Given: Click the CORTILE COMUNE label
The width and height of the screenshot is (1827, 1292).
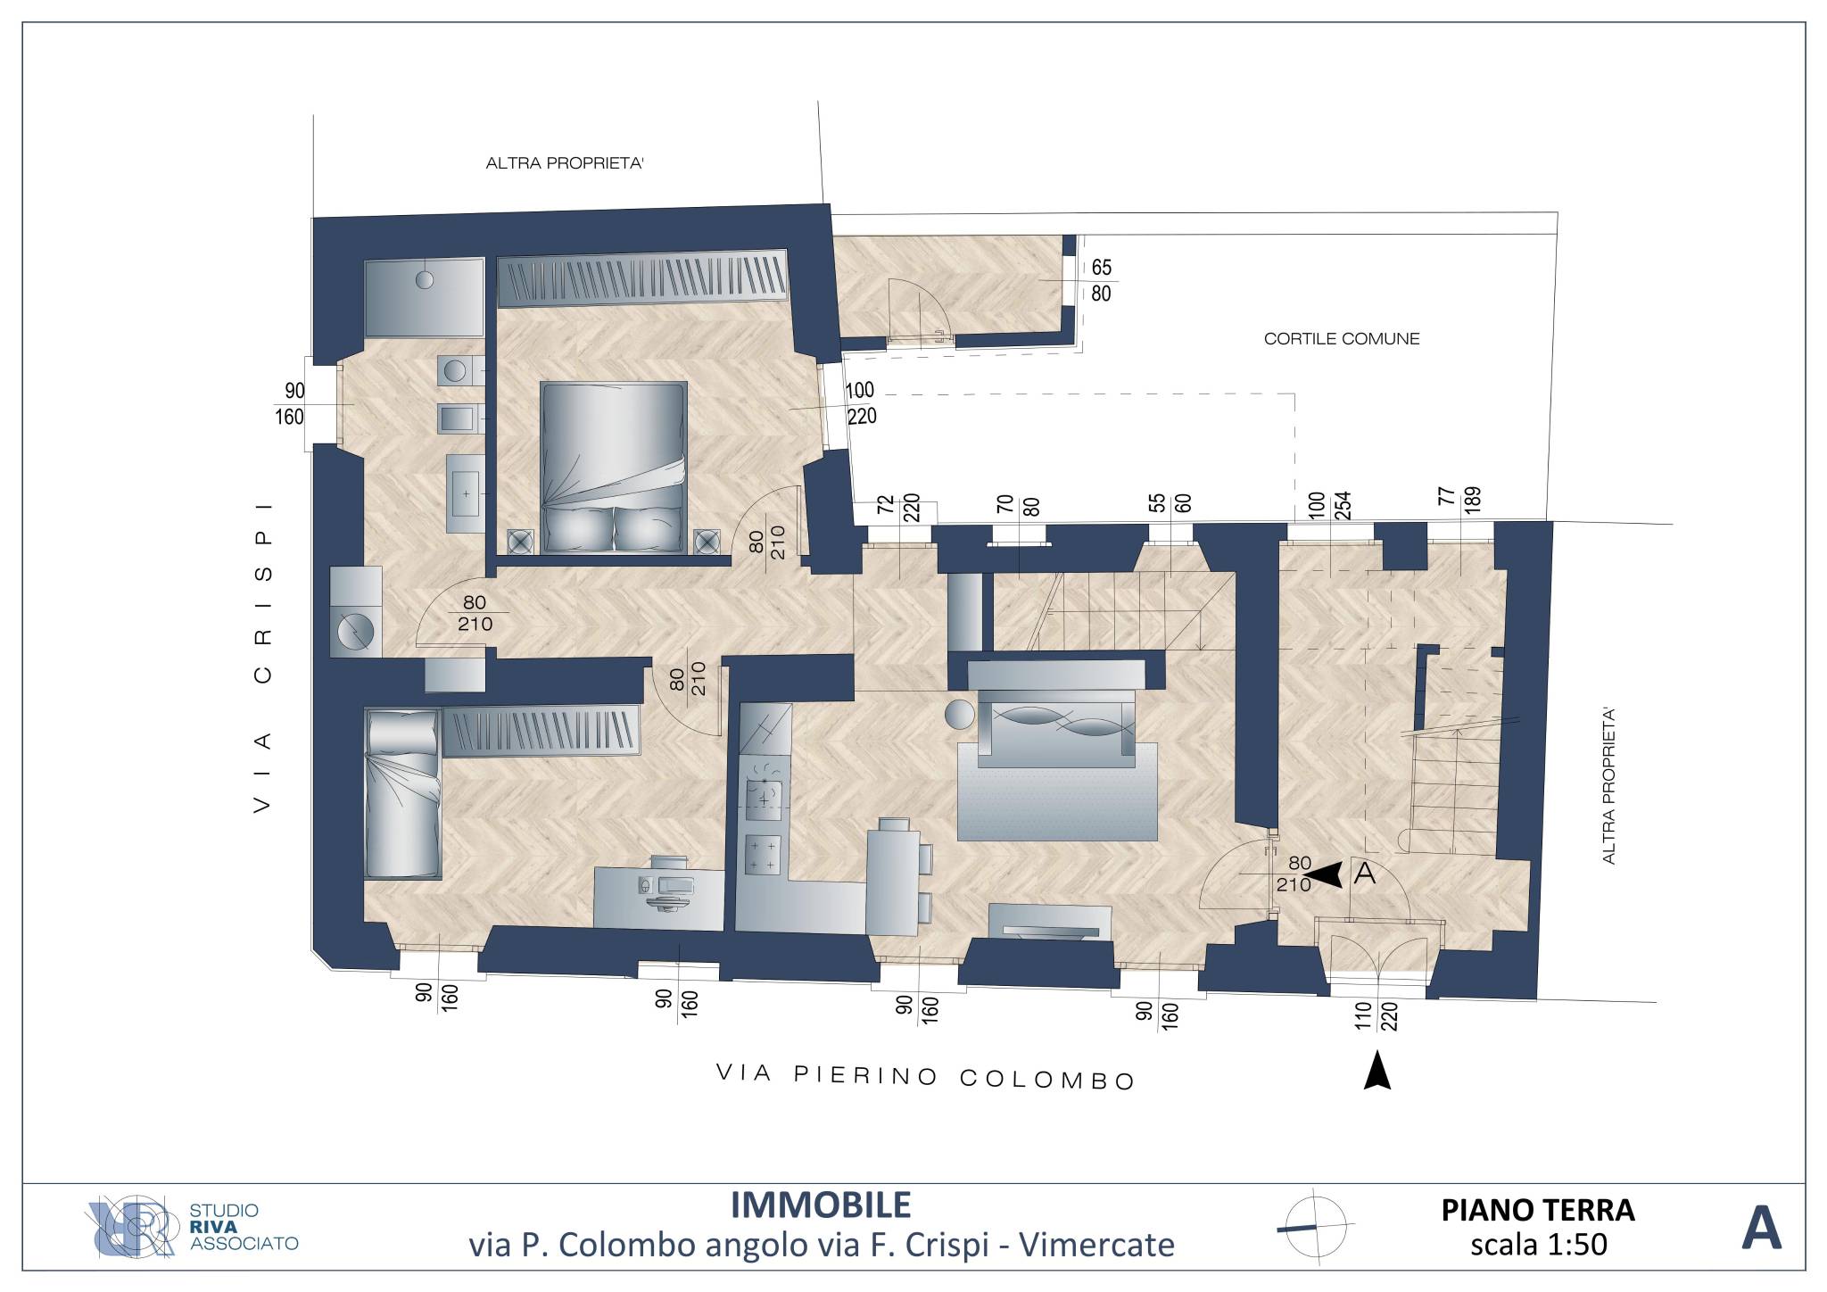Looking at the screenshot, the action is point(1341,339).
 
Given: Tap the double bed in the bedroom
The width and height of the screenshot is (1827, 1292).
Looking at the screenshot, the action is point(614,467).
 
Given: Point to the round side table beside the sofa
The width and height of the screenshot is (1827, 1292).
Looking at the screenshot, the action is point(959,715).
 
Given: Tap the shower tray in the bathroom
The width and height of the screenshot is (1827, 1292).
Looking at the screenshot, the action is point(425,298).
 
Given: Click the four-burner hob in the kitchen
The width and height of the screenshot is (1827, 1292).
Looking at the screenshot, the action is point(763,854).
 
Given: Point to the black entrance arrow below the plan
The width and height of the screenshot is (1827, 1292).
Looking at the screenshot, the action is point(1377,1070).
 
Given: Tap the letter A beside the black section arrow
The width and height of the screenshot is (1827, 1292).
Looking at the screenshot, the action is point(1365,874).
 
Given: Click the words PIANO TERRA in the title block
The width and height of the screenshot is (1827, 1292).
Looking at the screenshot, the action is point(1538,1210).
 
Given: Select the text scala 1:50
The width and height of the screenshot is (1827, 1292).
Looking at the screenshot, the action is point(1539,1244).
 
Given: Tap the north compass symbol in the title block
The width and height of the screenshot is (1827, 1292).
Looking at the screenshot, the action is point(1315,1226).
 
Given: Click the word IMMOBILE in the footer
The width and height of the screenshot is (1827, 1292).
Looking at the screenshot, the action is point(821,1205).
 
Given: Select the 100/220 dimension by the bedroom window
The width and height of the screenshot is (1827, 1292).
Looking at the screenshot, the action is point(861,403).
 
